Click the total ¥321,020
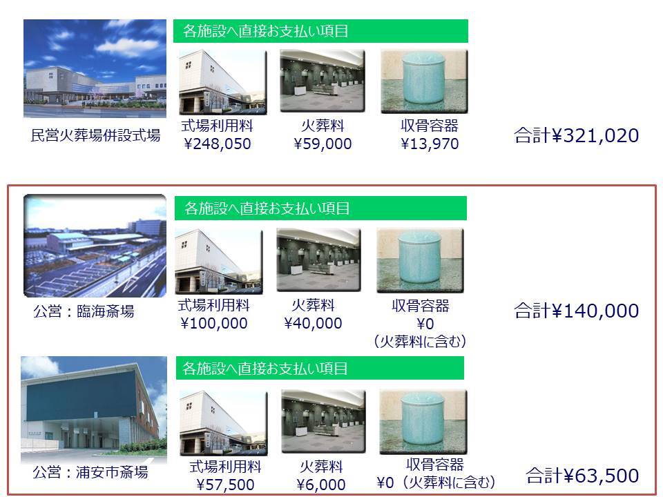point(576,136)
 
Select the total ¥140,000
point(576,311)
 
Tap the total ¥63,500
point(582,476)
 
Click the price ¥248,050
point(218,144)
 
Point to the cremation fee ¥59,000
point(323,144)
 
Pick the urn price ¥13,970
point(430,144)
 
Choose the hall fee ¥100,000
point(214,323)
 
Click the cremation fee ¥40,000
point(313,323)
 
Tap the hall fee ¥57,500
point(225,485)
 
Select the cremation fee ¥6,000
point(321,485)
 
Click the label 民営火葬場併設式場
point(95,135)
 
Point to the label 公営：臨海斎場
point(84,311)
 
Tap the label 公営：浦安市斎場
point(90,472)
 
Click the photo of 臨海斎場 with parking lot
point(95,246)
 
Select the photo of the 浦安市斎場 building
point(94,410)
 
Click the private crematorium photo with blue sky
point(95,68)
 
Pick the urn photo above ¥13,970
point(425,81)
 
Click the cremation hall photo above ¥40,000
point(319,260)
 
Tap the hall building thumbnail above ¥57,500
point(224,423)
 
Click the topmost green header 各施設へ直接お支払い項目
point(320,31)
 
